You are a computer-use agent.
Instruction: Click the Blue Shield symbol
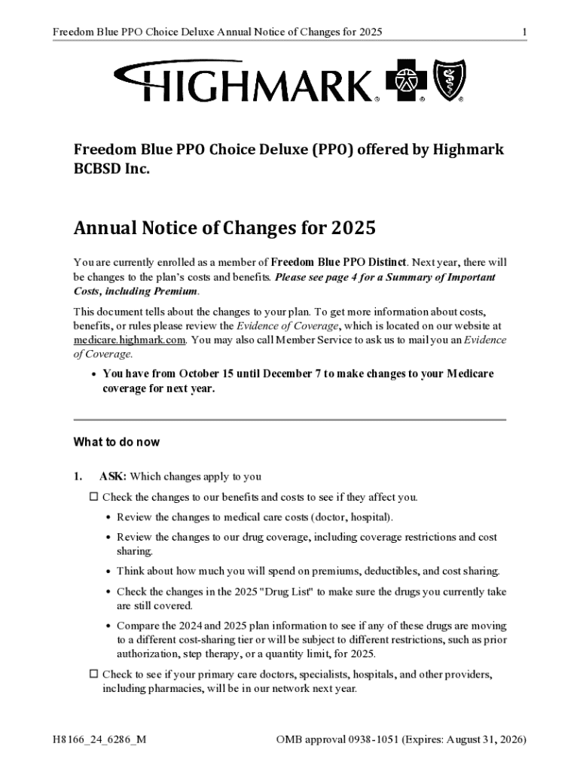450,81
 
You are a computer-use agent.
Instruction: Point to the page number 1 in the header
524,32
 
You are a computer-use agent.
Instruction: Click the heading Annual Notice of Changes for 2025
224,227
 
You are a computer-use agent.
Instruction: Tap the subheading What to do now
116,442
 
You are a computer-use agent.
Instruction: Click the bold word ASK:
114,477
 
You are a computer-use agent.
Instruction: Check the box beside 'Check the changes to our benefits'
94,497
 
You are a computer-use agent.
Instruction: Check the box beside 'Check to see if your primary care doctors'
94,675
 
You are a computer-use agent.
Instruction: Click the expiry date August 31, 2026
485,739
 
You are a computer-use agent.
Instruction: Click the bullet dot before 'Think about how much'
109,572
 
